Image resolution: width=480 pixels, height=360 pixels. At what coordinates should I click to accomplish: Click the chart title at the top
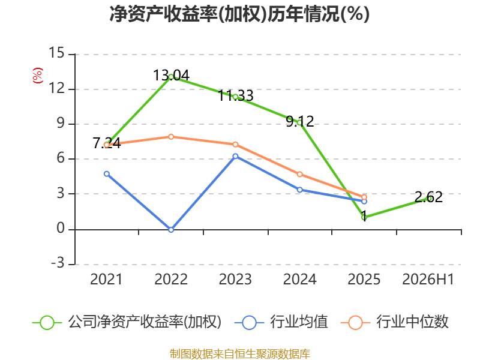239,14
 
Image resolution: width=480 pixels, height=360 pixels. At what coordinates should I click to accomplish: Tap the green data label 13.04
171,76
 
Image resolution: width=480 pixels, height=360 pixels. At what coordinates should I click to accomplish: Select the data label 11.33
235,95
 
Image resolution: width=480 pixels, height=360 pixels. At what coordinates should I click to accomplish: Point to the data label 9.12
299,121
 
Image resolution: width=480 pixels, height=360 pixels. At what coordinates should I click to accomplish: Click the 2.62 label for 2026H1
428,197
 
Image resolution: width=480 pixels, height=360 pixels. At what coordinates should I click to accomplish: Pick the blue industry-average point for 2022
171,230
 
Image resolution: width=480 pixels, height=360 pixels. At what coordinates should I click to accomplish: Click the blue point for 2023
235,157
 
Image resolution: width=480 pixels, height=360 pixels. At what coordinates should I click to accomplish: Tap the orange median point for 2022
171,137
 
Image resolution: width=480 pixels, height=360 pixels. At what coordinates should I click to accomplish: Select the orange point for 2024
299,175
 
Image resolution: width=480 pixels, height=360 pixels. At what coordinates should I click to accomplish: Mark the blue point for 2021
107,174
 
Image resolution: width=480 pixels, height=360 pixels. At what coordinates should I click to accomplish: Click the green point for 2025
364,217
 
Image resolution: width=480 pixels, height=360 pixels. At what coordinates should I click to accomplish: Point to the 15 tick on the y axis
56,53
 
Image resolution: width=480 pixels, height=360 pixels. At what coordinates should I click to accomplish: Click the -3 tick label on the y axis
58,263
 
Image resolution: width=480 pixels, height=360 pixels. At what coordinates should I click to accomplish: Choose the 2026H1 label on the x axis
428,279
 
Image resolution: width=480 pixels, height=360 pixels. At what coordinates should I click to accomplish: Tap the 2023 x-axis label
235,279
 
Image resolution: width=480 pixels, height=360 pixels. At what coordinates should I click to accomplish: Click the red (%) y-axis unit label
38,76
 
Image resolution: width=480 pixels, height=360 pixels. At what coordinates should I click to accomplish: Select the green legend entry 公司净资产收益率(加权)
127,322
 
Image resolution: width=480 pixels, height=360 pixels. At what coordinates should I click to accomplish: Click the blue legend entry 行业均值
281,322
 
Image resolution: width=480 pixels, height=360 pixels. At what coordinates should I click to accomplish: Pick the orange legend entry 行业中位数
395,322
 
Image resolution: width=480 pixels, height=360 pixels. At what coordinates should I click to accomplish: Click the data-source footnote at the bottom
240,353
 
